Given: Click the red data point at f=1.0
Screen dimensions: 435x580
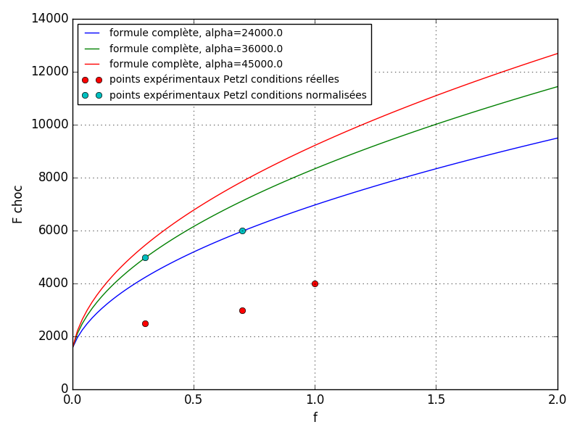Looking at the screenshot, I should (x=315, y=283).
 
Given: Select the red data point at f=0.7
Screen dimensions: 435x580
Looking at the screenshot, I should (x=242, y=310).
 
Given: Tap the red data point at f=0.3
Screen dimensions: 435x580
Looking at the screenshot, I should (x=145, y=323).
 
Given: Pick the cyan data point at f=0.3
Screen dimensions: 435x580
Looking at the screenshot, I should (x=145, y=257).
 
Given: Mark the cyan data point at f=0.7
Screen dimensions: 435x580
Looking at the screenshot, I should (x=242, y=231).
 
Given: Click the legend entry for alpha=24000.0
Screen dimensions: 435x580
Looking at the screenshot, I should (x=196, y=33).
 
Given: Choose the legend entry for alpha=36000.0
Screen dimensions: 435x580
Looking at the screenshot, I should (x=196, y=49).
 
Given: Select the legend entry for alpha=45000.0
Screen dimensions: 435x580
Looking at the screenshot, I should (x=196, y=64).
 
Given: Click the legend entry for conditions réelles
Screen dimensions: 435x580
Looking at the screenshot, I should (x=224, y=80).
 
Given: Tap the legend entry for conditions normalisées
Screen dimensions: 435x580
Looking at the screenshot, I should (x=238, y=95).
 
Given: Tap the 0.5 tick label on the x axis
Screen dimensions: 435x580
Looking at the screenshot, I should (x=194, y=399).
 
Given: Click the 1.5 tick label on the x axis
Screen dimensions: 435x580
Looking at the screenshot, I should (x=436, y=399).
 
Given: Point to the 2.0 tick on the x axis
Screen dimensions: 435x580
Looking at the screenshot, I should (x=557, y=399).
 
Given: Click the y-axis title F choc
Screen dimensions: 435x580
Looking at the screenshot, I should (x=18, y=204).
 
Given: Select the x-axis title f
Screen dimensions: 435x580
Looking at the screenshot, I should (x=315, y=418).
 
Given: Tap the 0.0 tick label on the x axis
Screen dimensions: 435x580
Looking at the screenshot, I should (x=72, y=399).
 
